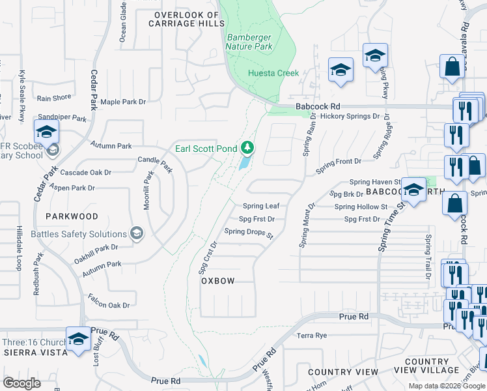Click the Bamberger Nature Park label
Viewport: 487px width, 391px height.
pyautogui.click(x=249, y=42)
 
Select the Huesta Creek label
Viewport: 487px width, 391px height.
pyautogui.click(x=273, y=73)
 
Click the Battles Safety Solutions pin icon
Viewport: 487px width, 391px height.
pyautogui.click(x=136, y=233)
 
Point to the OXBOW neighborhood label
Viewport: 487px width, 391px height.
pyautogui.click(x=217, y=280)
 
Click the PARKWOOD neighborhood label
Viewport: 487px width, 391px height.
pyautogui.click(x=72, y=216)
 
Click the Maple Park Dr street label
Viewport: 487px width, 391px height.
pyautogui.click(x=123, y=102)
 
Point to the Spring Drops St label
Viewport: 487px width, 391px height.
pyautogui.click(x=248, y=231)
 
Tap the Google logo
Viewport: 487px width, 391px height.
pyautogui.click(x=22, y=383)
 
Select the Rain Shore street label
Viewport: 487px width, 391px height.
pyautogui.click(x=54, y=98)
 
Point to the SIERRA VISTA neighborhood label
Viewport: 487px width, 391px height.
pyautogui.click(x=35, y=352)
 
